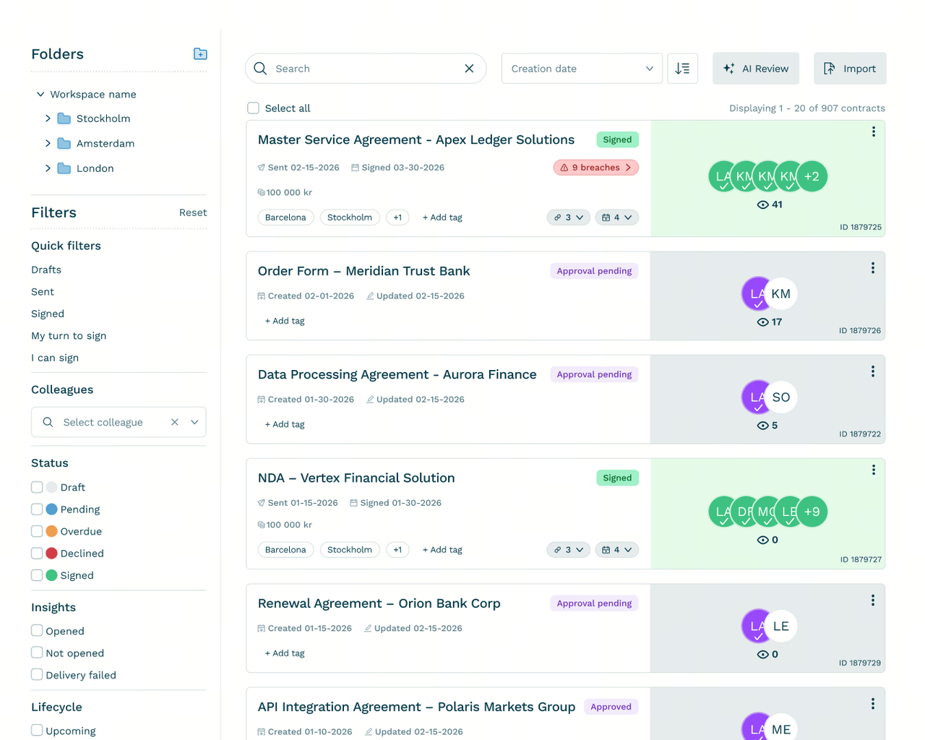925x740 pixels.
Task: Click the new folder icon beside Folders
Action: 200,53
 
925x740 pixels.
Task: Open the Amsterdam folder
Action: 105,143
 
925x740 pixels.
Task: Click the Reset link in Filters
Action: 192,212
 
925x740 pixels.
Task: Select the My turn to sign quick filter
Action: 69,336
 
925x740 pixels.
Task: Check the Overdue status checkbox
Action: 37,531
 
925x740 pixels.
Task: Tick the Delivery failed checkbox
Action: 37,675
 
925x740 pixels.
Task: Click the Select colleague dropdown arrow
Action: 194,422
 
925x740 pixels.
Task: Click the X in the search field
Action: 469,69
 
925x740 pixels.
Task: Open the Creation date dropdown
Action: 582,69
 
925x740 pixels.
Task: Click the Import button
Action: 850,69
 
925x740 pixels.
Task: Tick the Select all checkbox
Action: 253,108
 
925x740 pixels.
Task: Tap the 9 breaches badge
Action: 595,167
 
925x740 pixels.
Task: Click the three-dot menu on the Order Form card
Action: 872,268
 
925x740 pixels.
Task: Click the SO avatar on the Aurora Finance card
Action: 780,397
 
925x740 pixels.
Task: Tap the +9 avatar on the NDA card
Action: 812,511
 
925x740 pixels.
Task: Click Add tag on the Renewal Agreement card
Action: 285,653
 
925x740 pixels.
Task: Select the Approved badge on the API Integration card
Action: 611,707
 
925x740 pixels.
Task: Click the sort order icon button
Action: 682,69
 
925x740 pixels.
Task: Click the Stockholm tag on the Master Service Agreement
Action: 350,217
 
